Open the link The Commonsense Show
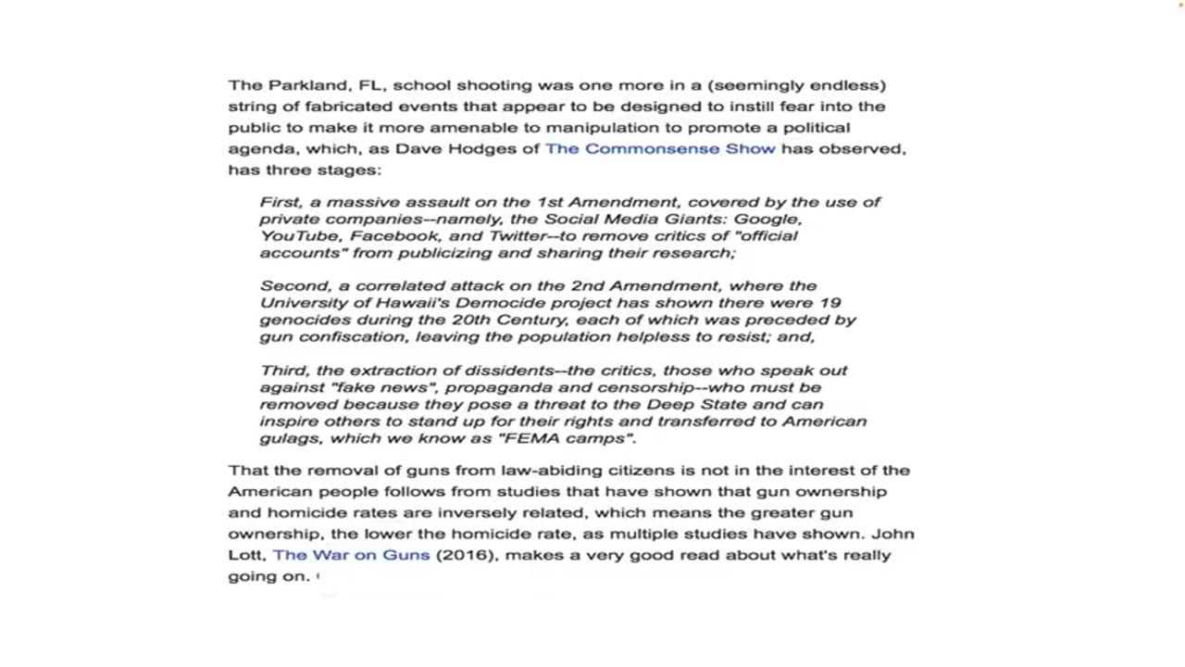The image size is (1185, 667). click(660, 148)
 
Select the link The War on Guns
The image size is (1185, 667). click(352, 555)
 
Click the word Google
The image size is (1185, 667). click(767, 219)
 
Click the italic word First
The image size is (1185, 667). click(281, 202)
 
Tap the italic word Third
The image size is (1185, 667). click(282, 371)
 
